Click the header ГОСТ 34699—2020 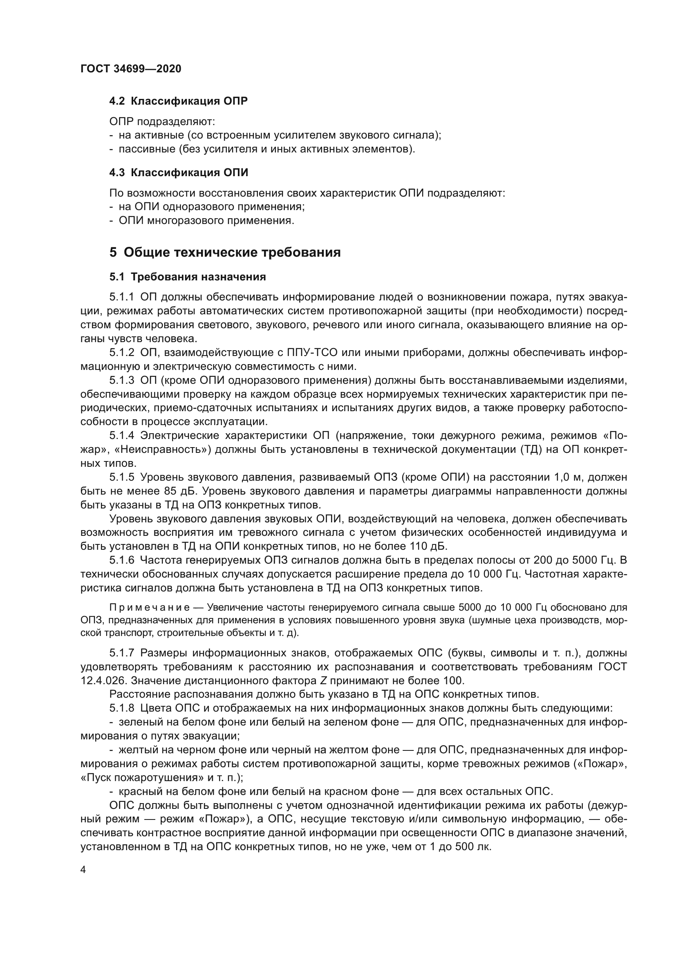pos(131,69)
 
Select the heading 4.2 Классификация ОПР pos(178,101)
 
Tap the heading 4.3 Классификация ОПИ pos(179,172)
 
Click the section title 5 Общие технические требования pos(225,252)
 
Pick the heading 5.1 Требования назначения pos(187,277)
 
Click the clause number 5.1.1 pos(121,297)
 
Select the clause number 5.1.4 pos(121,436)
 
